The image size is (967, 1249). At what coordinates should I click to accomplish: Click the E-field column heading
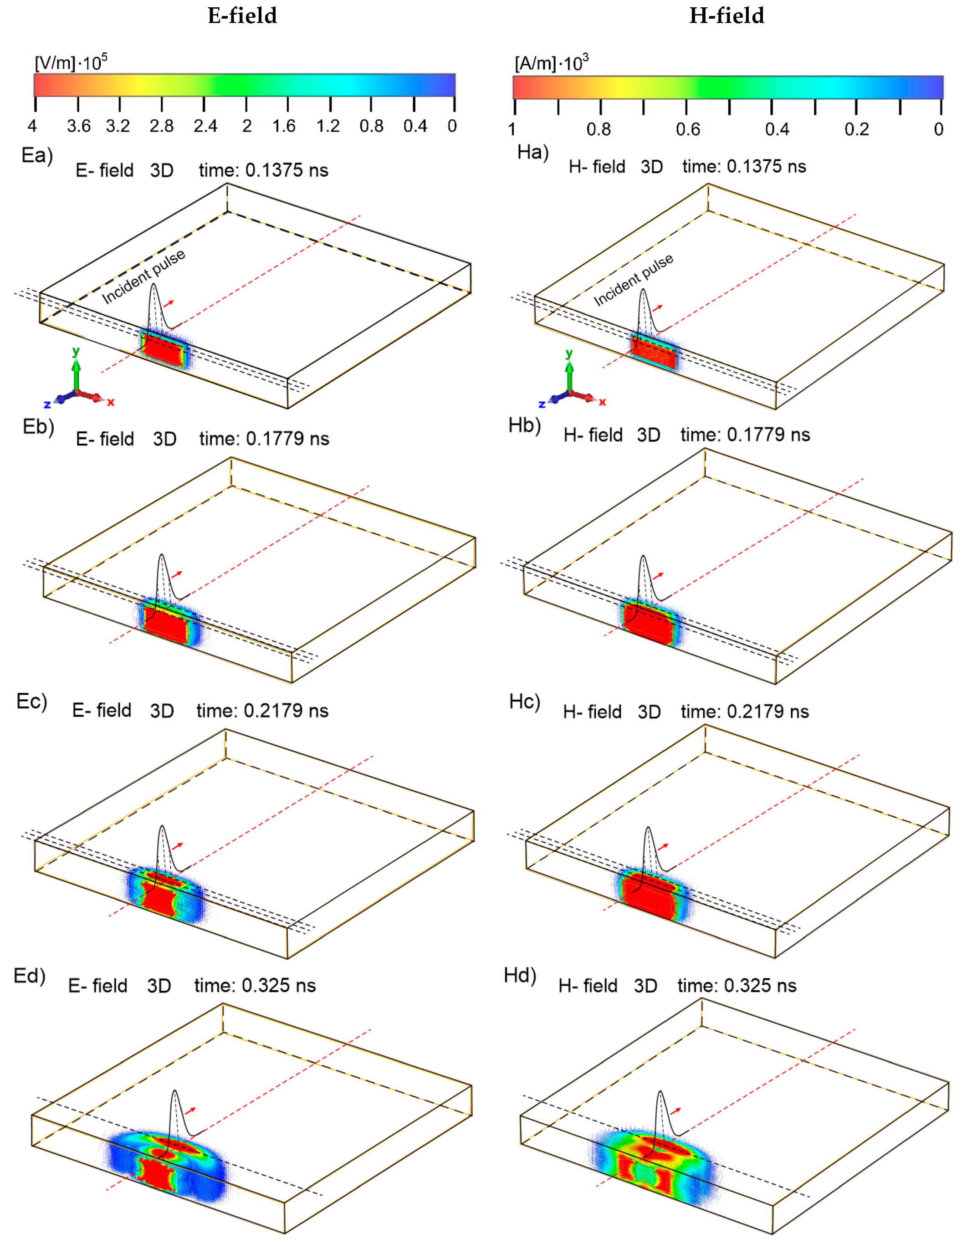click(x=242, y=15)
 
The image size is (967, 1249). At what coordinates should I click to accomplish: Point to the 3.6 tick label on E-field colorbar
click(x=78, y=126)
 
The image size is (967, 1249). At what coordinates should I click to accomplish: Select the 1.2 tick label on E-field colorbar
click(x=328, y=126)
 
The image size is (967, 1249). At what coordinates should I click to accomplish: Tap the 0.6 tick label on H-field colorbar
click(x=687, y=129)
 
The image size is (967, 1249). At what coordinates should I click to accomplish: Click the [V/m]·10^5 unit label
click(x=70, y=62)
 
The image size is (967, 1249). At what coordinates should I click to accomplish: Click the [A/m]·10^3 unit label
click(x=551, y=62)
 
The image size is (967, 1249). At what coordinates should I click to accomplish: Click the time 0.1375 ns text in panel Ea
click(x=264, y=170)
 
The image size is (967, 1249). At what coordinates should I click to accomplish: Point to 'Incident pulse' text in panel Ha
click(x=633, y=280)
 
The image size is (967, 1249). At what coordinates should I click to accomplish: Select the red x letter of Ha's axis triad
click(x=602, y=402)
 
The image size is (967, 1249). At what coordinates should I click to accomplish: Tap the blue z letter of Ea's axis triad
click(x=47, y=404)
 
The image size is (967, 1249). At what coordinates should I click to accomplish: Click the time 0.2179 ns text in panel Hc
click(x=745, y=712)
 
